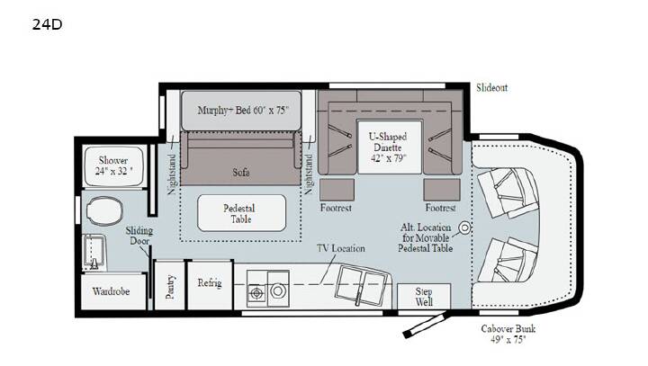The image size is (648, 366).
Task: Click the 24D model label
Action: [47, 24]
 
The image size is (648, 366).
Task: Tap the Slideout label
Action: [491, 87]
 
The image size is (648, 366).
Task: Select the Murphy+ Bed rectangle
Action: [241, 111]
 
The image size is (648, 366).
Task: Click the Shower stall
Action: [113, 166]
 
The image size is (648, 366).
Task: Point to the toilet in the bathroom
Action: [104, 210]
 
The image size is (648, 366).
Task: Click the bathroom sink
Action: [94, 252]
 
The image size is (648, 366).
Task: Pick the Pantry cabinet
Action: [169, 285]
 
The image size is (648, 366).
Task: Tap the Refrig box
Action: [210, 285]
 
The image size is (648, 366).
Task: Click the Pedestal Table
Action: [241, 213]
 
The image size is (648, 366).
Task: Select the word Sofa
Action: [241, 172]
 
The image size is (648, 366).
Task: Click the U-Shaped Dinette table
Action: [390, 147]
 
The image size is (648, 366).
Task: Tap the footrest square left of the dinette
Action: [337, 190]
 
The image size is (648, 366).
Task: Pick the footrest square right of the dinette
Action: [442, 190]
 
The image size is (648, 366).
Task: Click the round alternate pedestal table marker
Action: [465, 228]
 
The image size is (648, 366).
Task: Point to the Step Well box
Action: [424, 296]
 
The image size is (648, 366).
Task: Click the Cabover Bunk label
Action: [508, 334]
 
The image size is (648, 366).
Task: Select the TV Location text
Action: [341, 248]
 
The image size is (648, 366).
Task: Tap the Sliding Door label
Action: [139, 236]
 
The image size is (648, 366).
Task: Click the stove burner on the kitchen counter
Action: [256, 293]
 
